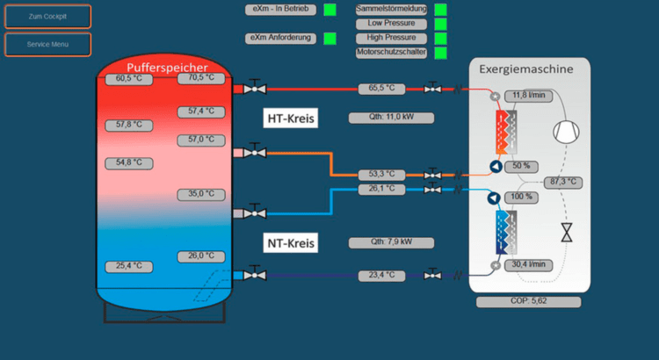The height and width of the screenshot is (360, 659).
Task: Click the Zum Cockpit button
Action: pos(47,17)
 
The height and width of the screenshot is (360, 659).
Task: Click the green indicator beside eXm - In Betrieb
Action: pos(329,10)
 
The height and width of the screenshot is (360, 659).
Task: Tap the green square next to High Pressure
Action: pos(440,39)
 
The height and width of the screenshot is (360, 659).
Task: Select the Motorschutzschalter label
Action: pos(391,53)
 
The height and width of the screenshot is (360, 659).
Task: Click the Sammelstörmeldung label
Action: pos(391,9)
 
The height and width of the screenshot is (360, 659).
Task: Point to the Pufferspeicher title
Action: pos(167,68)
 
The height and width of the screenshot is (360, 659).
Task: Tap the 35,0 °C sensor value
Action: pos(201,194)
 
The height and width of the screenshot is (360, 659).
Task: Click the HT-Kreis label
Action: pos(291,118)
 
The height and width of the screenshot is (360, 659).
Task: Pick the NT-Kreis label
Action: pos(291,242)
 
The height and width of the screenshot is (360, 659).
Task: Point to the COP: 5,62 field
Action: pos(528,302)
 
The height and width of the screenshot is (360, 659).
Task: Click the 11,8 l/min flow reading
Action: pos(528,95)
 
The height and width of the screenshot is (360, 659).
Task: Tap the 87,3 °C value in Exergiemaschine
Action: pos(562,182)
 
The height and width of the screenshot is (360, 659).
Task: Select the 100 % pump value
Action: pos(521,197)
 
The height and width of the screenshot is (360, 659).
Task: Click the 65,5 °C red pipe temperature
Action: pos(381,89)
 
